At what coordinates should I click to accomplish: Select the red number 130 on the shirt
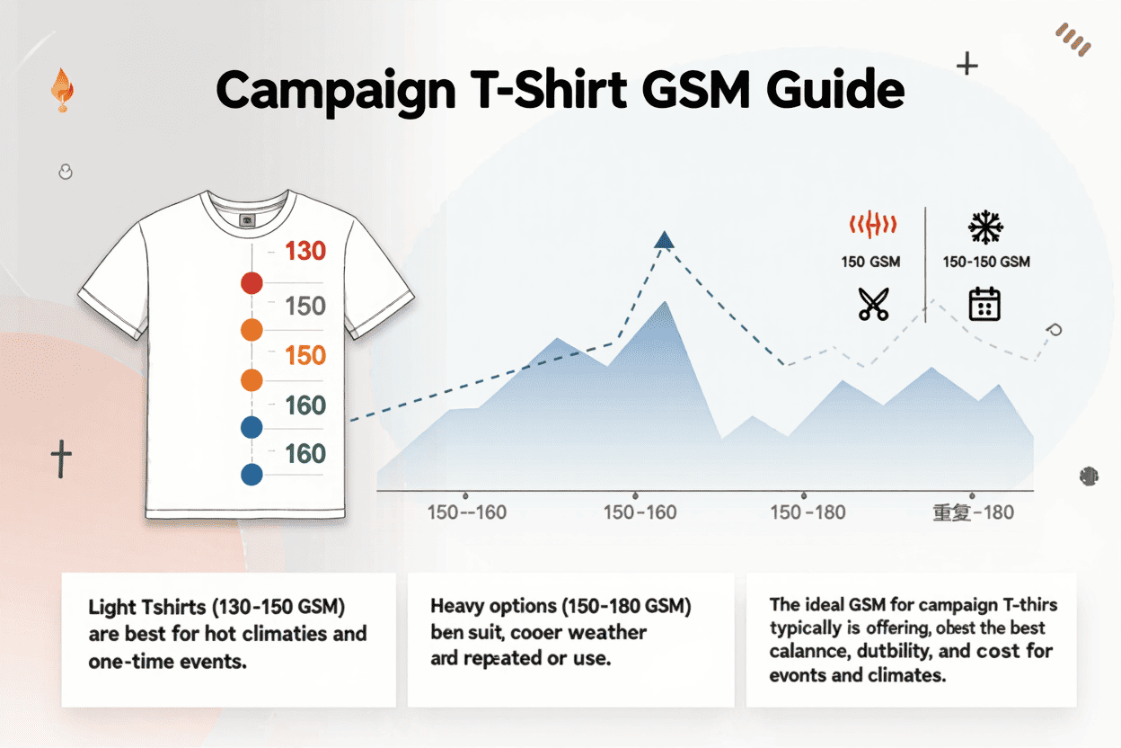(305, 251)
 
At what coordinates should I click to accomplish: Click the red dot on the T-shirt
(252, 284)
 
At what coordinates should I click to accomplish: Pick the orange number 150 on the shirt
(305, 355)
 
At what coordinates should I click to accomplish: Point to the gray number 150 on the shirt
(305, 307)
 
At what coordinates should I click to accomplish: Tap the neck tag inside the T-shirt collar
(248, 218)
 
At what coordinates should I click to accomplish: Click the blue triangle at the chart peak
(664, 239)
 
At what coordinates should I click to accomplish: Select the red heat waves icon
(871, 227)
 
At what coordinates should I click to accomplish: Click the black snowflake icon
(985, 227)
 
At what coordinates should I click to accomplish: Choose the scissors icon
(872, 305)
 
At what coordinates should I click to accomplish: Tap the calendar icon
(984, 305)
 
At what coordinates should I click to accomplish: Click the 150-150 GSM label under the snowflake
(986, 263)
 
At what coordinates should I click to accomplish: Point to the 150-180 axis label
(808, 512)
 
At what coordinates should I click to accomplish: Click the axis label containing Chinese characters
(974, 512)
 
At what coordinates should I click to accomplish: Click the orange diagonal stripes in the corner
(1073, 38)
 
